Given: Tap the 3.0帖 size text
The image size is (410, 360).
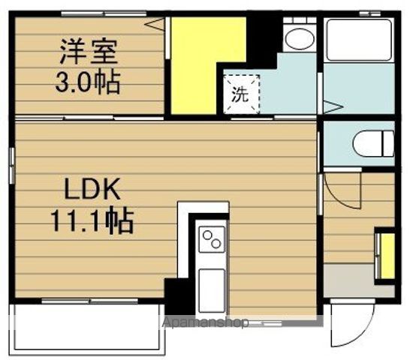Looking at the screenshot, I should [89, 82].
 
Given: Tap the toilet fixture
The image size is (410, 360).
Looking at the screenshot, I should [372, 142].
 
